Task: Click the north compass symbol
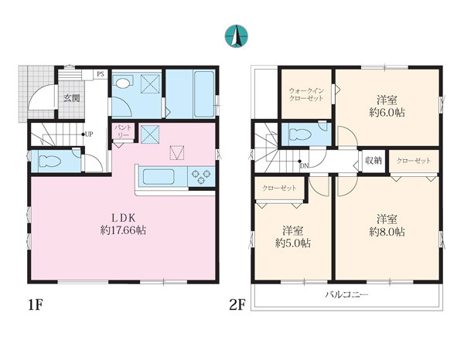[x=236, y=36]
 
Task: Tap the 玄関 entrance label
[x=72, y=98]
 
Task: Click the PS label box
[x=101, y=74]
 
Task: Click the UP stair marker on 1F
[x=87, y=134]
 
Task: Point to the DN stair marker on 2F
[x=303, y=165]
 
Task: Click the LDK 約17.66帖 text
[x=123, y=224]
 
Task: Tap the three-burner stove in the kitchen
[x=201, y=176]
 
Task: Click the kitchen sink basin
[x=159, y=176]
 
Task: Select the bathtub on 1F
[x=203, y=94]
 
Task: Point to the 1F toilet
[x=49, y=161]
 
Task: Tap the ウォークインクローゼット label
[x=306, y=94]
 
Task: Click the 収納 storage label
[x=374, y=161]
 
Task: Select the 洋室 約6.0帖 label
[x=387, y=107]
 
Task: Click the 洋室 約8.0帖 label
[x=387, y=226]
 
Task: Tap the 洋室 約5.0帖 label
[x=292, y=236]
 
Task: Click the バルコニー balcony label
[x=346, y=294]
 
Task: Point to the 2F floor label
[x=237, y=305]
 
